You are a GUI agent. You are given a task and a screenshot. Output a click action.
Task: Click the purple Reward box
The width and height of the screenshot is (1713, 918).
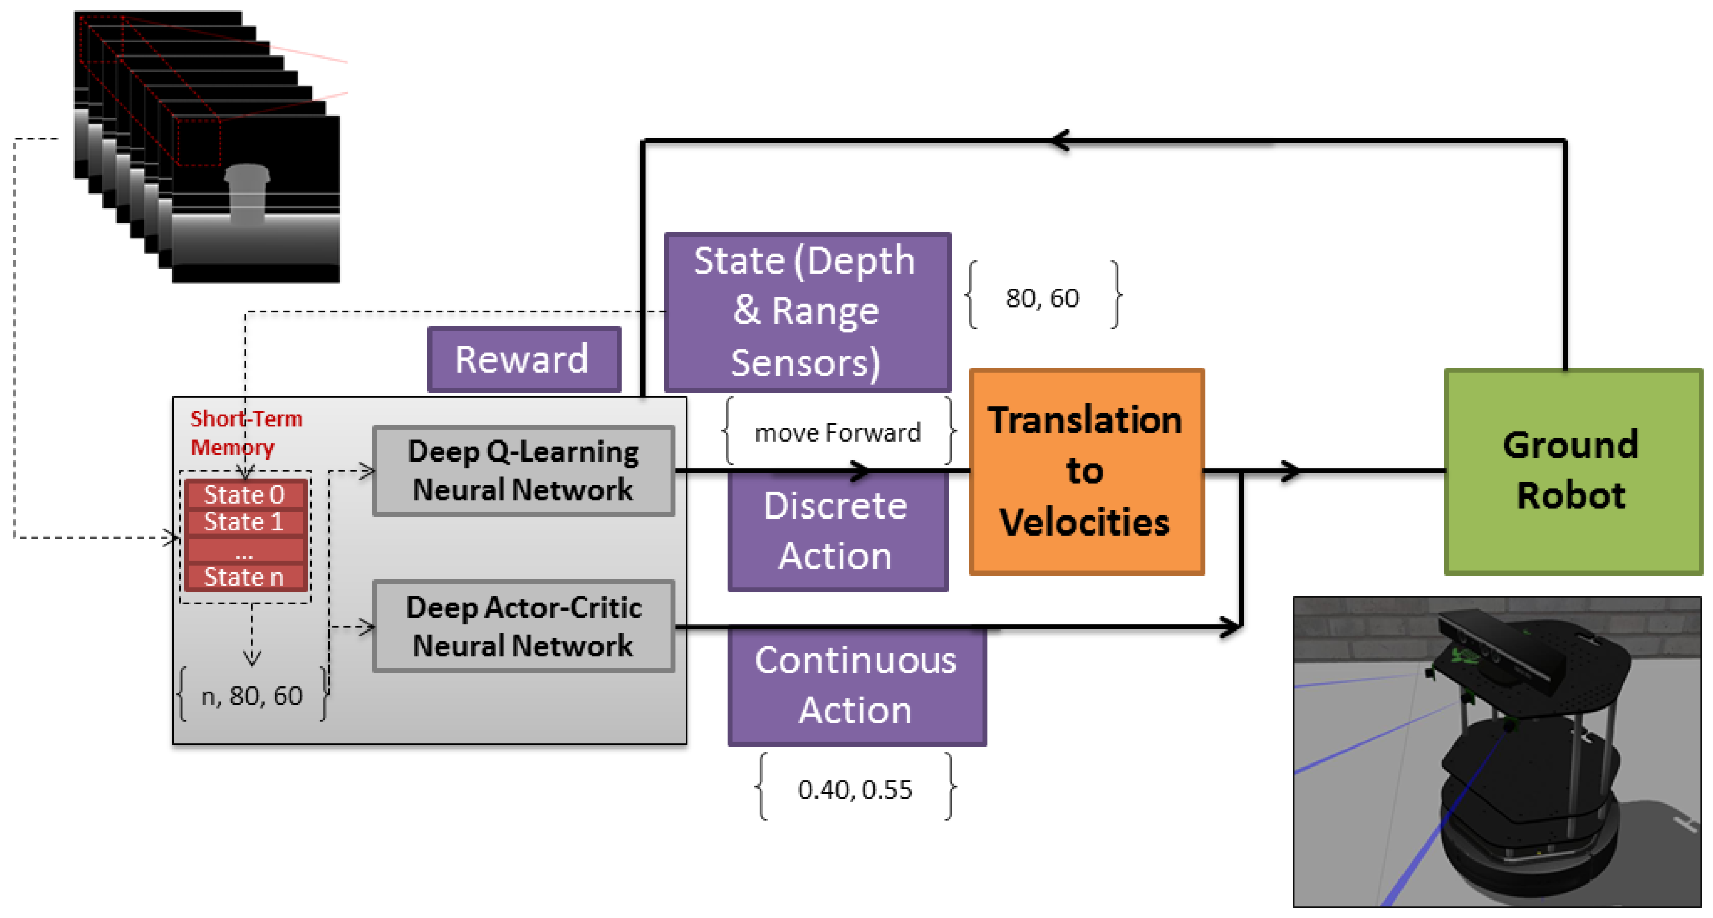[x=524, y=359]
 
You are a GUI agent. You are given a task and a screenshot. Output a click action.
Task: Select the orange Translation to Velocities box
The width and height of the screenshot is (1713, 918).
[x=1086, y=471]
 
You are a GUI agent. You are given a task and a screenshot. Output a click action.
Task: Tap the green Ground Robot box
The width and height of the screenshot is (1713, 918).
[x=1572, y=471]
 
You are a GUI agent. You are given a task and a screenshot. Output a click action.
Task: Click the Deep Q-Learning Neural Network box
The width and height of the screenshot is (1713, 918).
[x=523, y=471]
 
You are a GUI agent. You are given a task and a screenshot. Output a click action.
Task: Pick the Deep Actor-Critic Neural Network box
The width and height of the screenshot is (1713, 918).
[x=523, y=626]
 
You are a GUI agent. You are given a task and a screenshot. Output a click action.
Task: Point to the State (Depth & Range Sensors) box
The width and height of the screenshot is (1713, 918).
[x=807, y=311]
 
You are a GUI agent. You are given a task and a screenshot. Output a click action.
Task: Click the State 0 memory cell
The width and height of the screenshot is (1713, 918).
[x=245, y=494]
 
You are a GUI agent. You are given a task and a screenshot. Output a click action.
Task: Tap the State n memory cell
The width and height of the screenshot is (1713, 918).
[x=245, y=577]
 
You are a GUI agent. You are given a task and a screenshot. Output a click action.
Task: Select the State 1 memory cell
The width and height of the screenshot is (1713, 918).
[x=245, y=522]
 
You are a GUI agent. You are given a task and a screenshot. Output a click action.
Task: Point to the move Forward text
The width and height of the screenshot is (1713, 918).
[x=837, y=433]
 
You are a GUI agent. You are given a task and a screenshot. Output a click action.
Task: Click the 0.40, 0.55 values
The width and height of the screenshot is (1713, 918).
[x=854, y=790]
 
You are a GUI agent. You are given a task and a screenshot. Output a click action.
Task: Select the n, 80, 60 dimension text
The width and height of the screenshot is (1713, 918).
[x=252, y=696]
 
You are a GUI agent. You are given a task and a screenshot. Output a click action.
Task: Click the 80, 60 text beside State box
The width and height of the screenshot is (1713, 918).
[x=1042, y=298]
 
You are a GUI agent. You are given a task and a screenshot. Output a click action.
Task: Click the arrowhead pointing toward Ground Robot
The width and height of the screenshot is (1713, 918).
[x=1290, y=471]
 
